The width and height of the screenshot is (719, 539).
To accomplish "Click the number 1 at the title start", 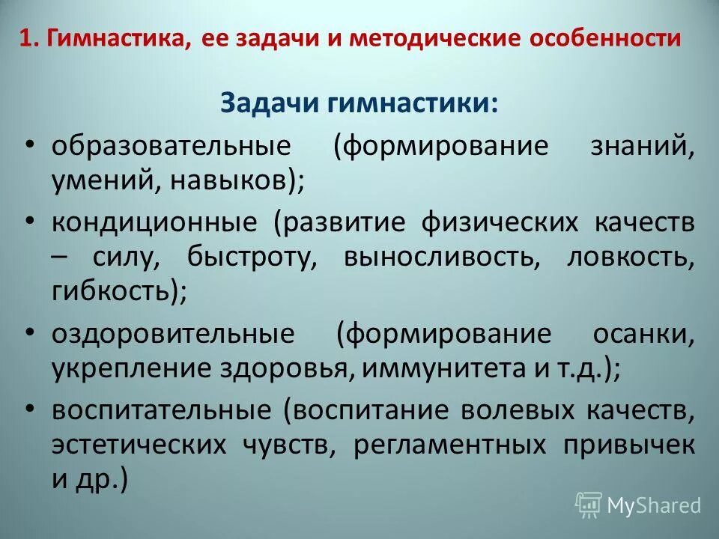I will [x=25, y=39].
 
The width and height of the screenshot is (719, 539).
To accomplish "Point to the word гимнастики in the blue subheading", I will [x=411, y=103].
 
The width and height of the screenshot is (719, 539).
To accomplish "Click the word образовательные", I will [x=171, y=145].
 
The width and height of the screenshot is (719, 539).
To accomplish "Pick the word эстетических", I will [x=139, y=445].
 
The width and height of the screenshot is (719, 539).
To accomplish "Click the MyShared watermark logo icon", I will [x=589, y=505].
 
